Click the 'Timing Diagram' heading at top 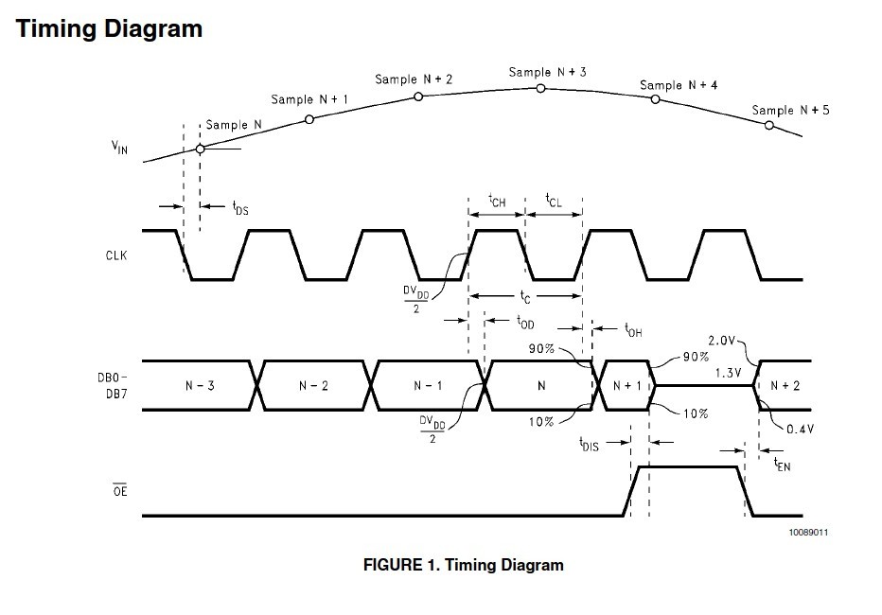tap(109, 29)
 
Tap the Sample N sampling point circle tap(200, 149)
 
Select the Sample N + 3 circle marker tap(540, 88)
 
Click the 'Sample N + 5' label tap(790, 110)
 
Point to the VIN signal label tap(119, 148)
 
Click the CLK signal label tap(116, 255)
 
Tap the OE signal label tap(120, 490)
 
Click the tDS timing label tap(240, 208)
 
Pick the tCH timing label tap(497, 201)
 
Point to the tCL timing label tap(554, 201)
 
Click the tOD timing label tap(525, 322)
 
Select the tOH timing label tap(633, 329)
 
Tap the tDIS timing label tap(589, 445)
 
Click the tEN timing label tap(782, 465)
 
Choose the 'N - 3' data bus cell tap(200, 386)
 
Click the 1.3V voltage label tap(729, 373)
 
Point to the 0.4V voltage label tap(800, 429)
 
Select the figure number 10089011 tap(808, 533)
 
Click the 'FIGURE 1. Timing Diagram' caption tap(464, 565)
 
